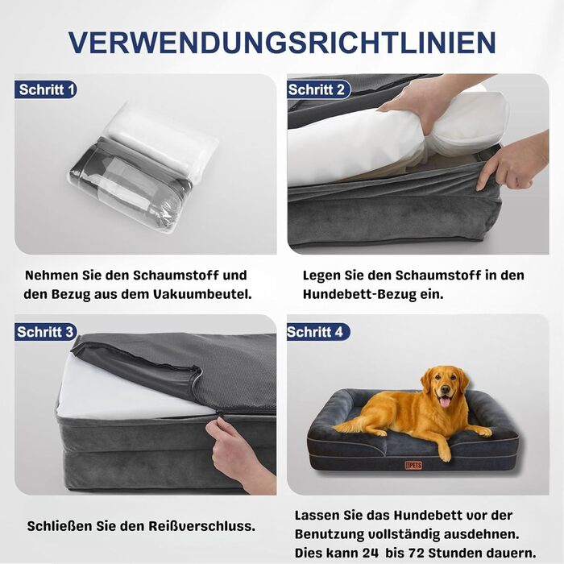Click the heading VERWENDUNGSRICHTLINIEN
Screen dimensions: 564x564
tap(282, 43)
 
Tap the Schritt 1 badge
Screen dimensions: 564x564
tap(46, 89)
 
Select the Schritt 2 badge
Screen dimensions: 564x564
tap(319, 89)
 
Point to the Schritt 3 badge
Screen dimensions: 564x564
tap(46, 332)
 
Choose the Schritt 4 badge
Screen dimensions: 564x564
tap(318, 332)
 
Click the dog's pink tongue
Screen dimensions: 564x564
tap(445, 402)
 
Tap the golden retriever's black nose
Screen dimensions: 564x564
tap(446, 390)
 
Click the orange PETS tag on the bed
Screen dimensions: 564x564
tap(413, 465)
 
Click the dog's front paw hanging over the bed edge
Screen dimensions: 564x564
tap(445, 454)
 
